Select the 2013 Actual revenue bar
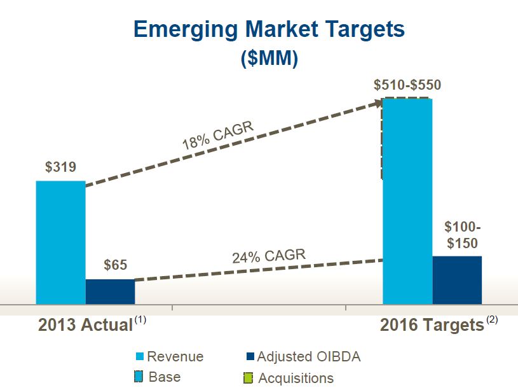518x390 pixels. [60, 242]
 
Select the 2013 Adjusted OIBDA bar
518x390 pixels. [110, 291]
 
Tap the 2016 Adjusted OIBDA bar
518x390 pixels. [457, 280]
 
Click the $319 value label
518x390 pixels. [60, 168]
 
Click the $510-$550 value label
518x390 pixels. [407, 85]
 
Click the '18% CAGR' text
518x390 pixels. [217, 136]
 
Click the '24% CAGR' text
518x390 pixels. [268, 258]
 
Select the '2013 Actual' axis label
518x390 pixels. [85, 324]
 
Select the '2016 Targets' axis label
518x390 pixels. [432, 325]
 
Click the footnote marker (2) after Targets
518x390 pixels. [492, 319]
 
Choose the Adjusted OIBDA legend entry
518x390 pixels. [302, 357]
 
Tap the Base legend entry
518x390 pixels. [159, 377]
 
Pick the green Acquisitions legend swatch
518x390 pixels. [249, 378]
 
